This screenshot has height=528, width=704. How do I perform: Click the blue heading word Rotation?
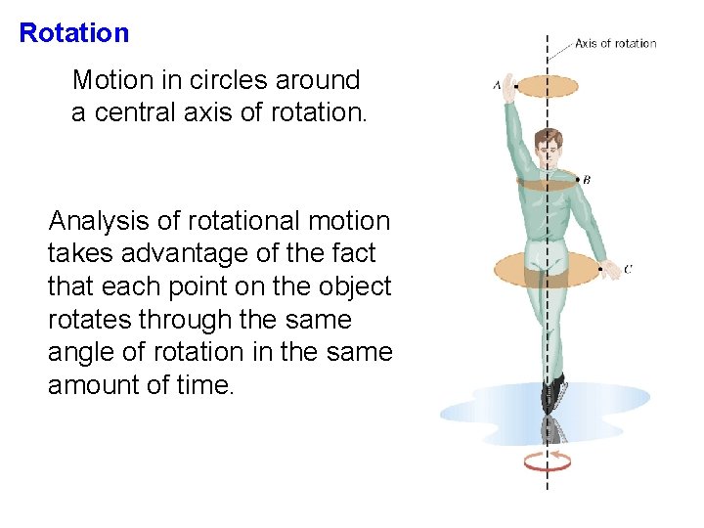[74, 33]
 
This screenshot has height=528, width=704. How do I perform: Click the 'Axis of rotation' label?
[615, 43]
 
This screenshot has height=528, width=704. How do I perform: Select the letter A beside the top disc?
[497, 86]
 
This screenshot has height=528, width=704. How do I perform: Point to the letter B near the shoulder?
[586, 180]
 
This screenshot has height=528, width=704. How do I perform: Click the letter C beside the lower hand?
[627, 269]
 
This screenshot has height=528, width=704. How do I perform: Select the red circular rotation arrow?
[547, 461]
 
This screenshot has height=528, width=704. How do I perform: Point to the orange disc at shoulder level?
[548, 181]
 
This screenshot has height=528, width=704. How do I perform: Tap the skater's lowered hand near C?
[607, 266]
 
